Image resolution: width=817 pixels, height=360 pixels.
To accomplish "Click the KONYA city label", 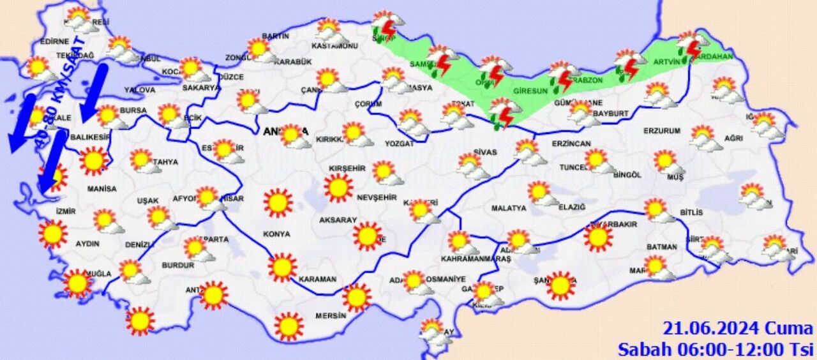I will [x=276, y=234].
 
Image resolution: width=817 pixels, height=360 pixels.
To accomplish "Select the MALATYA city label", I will [x=509, y=208].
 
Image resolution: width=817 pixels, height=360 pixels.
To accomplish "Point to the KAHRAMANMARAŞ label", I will [x=476, y=259].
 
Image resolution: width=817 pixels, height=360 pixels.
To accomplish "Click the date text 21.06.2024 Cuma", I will [x=738, y=329].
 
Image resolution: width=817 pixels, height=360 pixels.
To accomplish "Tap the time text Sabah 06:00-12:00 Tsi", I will [x=715, y=349].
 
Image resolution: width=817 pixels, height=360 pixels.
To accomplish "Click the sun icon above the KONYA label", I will [x=278, y=203].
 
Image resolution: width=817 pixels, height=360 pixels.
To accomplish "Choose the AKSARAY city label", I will [x=338, y=220].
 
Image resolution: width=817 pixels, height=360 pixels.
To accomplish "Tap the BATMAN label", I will [x=661, y=247].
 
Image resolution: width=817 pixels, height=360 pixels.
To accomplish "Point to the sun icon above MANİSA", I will [x=94, y=161].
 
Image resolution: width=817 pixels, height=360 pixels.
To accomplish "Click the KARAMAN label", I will [x=317, y=279].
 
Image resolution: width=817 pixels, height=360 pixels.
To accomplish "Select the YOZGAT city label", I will [x=399, y=144].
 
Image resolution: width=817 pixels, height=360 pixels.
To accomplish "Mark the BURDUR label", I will [x=178, y=265].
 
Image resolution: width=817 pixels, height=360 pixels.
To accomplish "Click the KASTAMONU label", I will [x=334, y=46].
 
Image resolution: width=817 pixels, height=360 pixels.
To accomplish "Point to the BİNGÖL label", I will [x=626, y=174].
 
